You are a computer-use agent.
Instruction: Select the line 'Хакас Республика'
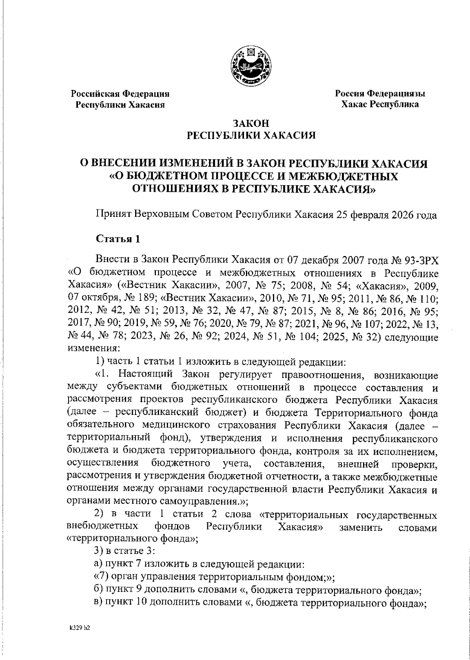[380, 104]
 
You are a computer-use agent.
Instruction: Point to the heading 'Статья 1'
[118, 239]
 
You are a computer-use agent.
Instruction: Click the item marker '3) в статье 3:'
[125, 551]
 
